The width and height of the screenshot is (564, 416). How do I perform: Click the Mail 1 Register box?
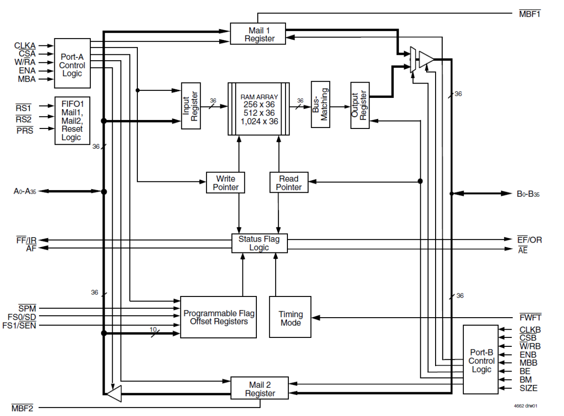[258, 34]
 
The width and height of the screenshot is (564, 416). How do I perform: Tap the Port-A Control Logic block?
[72, 63]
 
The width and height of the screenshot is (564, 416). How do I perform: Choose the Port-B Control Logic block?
[481, 359]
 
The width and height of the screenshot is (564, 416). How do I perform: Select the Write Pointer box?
[225, 182]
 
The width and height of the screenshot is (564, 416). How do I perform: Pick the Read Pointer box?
[289, 182]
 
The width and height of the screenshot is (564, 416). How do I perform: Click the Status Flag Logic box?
[259, 243]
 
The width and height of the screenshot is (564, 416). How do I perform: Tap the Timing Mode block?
[290, 317]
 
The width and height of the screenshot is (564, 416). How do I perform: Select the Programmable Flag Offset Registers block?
[218, 317]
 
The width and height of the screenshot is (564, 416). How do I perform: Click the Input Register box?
[190, 106]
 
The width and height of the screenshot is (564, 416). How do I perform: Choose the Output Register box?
[360, 106]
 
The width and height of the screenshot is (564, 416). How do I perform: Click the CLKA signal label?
[25, 45]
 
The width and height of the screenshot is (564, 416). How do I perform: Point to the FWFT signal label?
[530, 317]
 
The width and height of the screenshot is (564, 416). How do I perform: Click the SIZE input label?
[528, 388]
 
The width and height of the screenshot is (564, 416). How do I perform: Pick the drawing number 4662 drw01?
[525, 405]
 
